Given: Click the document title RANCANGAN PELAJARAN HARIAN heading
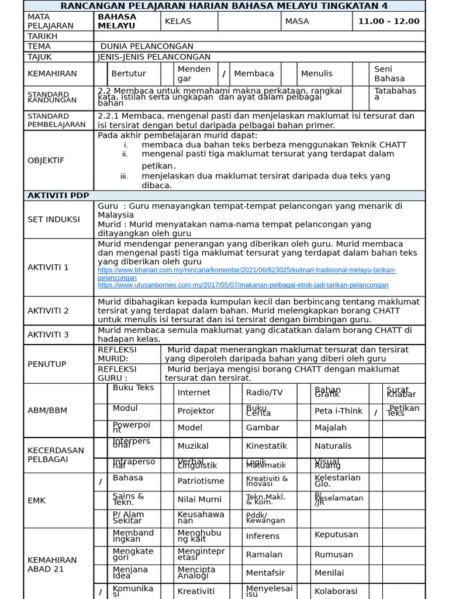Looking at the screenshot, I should click(224, 6).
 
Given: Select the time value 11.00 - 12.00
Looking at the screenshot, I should click(389, 21).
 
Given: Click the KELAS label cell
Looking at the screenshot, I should click(178, 21).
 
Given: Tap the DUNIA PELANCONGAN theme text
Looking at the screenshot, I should click(147, 46).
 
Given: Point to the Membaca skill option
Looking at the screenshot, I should click(254, 74).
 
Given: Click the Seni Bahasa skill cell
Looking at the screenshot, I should click(389, 74).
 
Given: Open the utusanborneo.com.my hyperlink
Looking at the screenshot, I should click(243, 285).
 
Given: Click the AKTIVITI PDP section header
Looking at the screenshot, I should click(56, 195).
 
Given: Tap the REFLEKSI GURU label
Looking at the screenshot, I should click(117, 373).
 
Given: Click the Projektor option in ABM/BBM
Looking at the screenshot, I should click(196, 411).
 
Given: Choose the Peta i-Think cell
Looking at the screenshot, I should click(339, 411).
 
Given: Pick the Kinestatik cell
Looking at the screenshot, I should click(266, 446).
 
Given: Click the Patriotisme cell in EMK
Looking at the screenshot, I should click(201, 481).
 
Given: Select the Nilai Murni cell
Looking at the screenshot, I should click(199, 500).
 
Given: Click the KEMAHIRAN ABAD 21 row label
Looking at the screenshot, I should click(52, 564).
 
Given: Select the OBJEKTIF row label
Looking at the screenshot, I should click(46, 160).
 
